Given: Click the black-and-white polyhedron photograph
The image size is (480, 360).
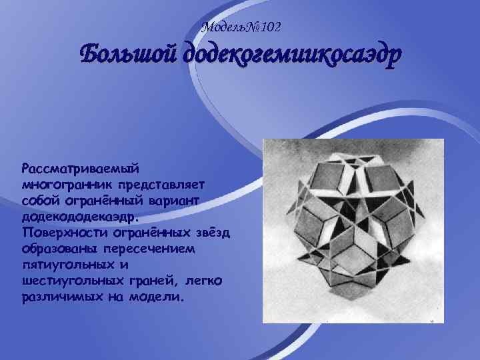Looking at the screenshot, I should point(352,231).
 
